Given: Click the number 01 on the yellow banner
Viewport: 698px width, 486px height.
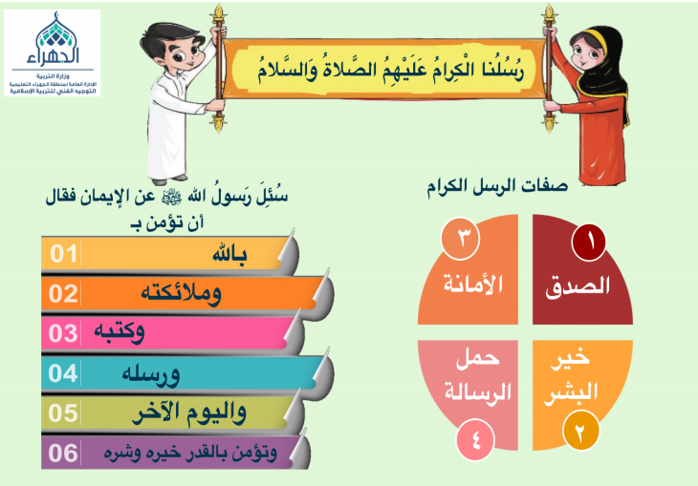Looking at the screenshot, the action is (x=64, y=253).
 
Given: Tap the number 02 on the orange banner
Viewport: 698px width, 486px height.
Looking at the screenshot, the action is (x=63, y=293).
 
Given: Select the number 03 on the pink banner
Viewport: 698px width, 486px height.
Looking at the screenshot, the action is (x=63, y=333).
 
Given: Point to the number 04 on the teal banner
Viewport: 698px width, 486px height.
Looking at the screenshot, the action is (x=63, y=373).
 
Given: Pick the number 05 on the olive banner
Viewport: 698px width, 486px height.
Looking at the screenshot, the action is (x=63, y=412).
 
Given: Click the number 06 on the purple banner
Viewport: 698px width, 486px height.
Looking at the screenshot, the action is (x=63, y=453).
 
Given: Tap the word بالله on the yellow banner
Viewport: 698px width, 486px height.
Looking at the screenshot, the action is (x=229, y=254).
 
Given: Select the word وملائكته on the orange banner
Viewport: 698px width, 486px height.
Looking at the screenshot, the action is (x=181, y=294).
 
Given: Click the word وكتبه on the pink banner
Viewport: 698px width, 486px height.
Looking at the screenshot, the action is (x=120, y=332).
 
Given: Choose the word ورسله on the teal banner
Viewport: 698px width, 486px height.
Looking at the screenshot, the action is (x=151, y=374).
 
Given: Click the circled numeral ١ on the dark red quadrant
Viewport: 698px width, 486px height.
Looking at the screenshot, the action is (x=588, y=242).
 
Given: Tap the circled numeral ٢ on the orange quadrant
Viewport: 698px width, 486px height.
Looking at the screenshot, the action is (x=581, y=431).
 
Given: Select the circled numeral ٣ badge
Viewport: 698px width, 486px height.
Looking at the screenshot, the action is (x=460, y=238).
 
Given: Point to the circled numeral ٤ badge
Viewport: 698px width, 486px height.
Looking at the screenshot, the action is (x=475, y=440).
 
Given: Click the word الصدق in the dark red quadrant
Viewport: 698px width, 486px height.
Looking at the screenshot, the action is (x=578, y=285).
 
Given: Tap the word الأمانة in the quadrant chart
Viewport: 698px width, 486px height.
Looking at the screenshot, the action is (x=473, y=283).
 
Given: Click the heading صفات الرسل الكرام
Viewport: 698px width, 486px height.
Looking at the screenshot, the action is (x=497, y=185).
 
